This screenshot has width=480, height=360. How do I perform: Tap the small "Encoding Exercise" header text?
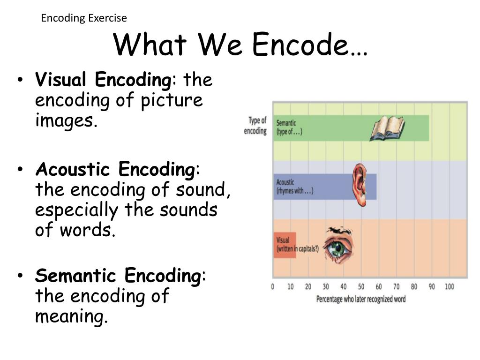point(84,18)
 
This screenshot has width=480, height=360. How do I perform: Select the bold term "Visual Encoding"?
point(103,80)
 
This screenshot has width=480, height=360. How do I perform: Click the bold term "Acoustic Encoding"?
point(116,169)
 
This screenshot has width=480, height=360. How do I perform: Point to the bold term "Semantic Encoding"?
point(118,276)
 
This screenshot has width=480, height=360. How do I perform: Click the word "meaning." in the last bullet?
point(71,317)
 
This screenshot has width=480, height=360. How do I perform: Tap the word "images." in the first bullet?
point(66,121)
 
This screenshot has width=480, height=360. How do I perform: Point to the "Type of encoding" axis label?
point(255,126)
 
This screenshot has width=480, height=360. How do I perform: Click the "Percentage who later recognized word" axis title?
point(361,299)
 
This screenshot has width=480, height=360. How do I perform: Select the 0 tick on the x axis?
point(273,286)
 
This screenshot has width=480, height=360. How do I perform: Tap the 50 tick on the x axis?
point(361,286)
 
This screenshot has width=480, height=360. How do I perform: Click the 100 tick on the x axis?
point(449,286)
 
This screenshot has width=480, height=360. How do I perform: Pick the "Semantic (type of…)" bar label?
point(289,127)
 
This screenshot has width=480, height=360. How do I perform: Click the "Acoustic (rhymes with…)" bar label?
point(294,187)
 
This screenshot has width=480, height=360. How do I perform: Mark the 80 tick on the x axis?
point(414,286)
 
